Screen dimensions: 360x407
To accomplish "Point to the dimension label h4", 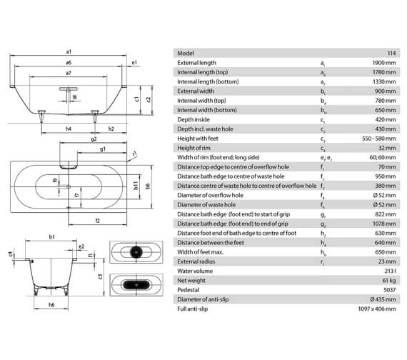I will [x=69, y=129].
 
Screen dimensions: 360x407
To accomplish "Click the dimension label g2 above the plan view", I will [x=94, y=140].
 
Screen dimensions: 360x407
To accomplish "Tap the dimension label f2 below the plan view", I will [x=96, y=219].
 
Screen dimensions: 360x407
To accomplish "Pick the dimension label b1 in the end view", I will [x=53, y=236].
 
